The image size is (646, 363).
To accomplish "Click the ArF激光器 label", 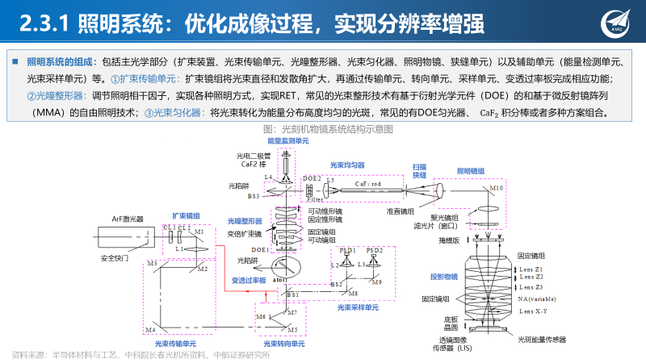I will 128,219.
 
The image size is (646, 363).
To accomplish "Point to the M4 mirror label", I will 150,329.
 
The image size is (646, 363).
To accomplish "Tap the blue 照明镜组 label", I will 471,171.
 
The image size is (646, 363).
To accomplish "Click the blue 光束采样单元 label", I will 358,307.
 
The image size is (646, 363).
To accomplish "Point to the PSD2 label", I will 374,250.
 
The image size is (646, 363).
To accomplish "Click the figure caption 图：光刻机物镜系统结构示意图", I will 323,128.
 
